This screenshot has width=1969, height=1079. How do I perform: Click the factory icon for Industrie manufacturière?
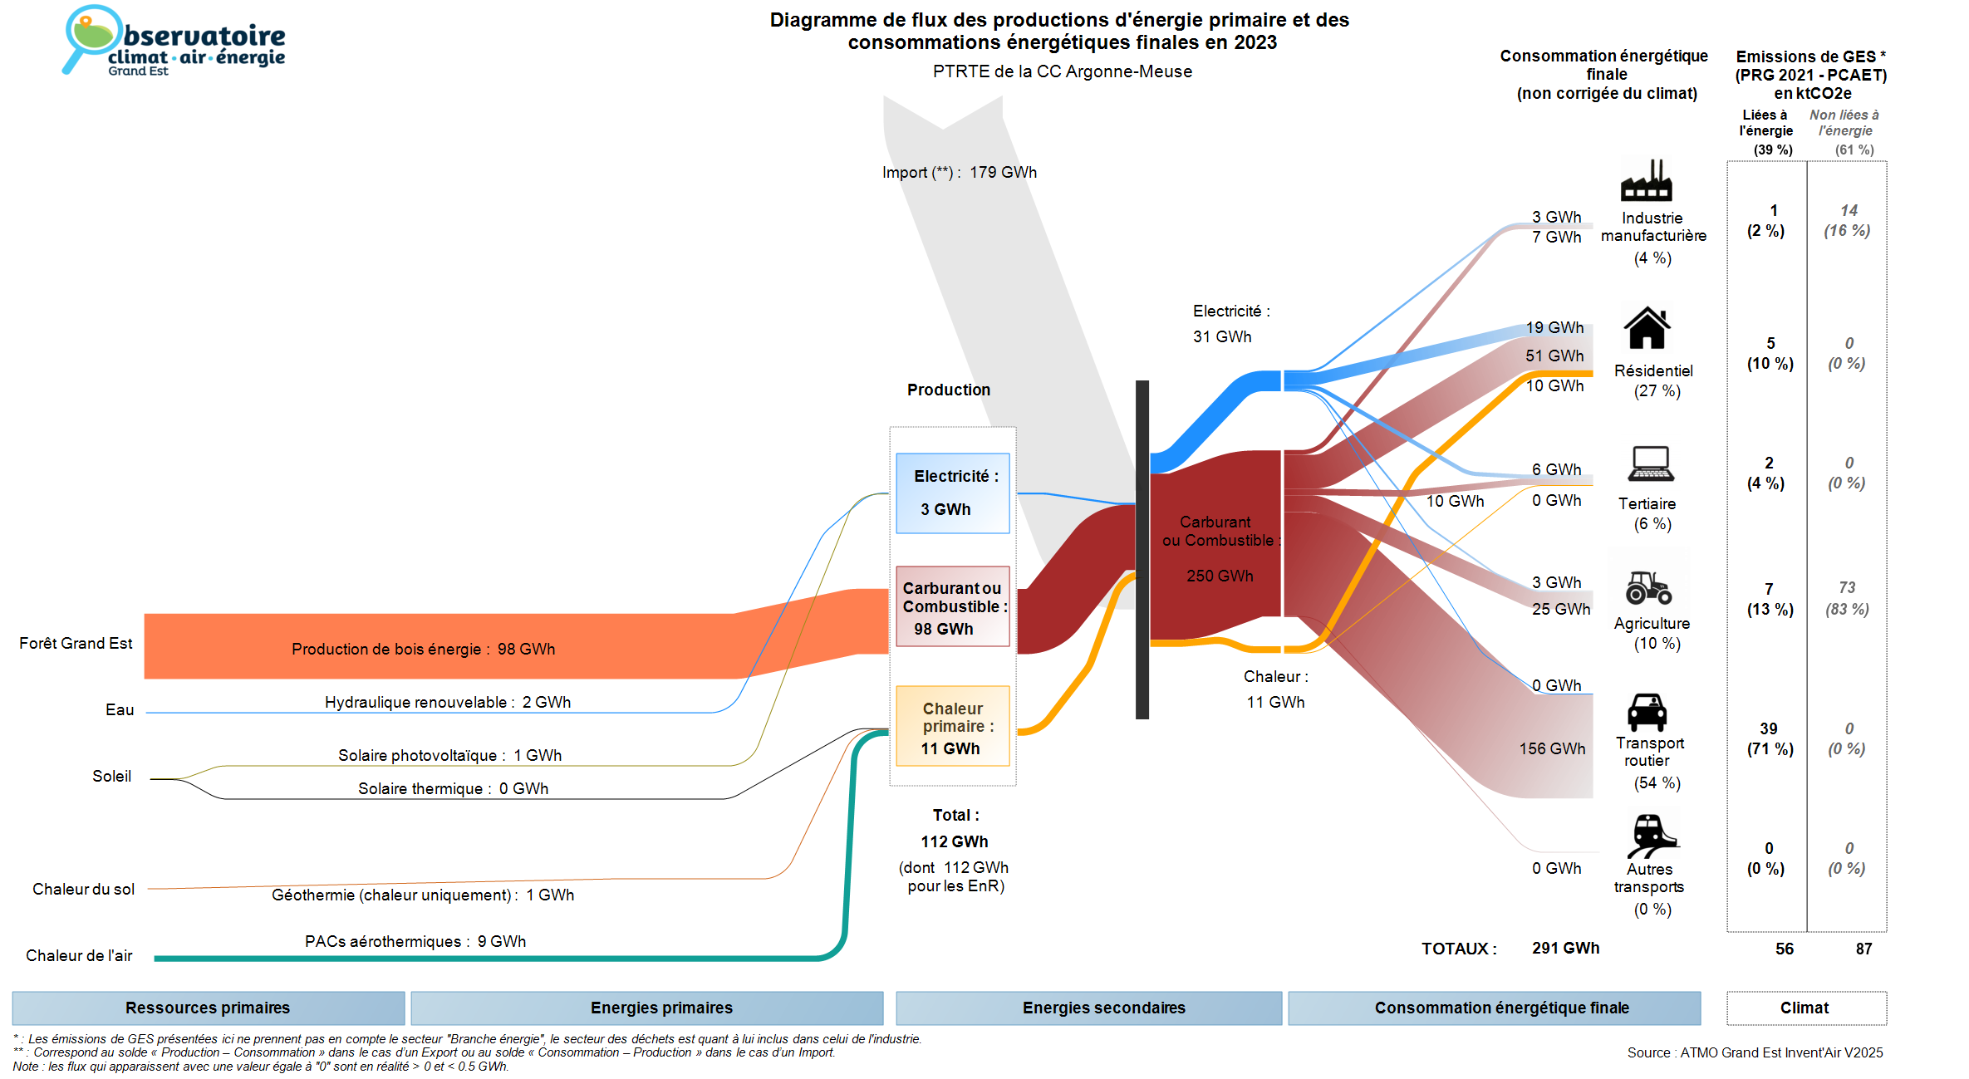(x=1646, y=181)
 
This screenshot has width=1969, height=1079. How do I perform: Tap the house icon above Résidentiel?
(x=1647, y=328)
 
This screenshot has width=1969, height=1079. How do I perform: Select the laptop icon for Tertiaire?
(x=1651, y=464)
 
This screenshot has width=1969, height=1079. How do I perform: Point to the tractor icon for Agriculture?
(x=1648, y=587)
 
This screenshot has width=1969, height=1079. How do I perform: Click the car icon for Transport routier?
(x=1647, y=712)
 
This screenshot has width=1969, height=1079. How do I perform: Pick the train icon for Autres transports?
(x=1652, y=836)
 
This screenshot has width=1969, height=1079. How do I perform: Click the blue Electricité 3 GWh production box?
(x=952, y=493)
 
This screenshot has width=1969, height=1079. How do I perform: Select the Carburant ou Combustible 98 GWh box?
(x=952, y=606)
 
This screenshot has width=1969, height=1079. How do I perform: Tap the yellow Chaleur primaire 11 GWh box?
(x=952, y=726)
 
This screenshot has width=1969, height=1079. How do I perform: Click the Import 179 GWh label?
(x=959, y=173)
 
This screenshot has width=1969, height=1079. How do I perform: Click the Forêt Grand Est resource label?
(x=76, y=644)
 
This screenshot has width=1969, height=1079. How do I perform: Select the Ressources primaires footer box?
(x=208, y=1008)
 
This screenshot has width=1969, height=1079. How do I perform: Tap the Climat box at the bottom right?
(x=1805, y=1008)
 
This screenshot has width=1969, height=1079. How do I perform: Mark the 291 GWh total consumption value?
(x=1565, y=948)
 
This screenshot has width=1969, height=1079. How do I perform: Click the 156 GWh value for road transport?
(x=1552, y=748)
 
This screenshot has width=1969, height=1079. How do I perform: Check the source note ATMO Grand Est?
(x=1755, y=1052)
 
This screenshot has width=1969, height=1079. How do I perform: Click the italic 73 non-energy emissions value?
(x=1847, y=587)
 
